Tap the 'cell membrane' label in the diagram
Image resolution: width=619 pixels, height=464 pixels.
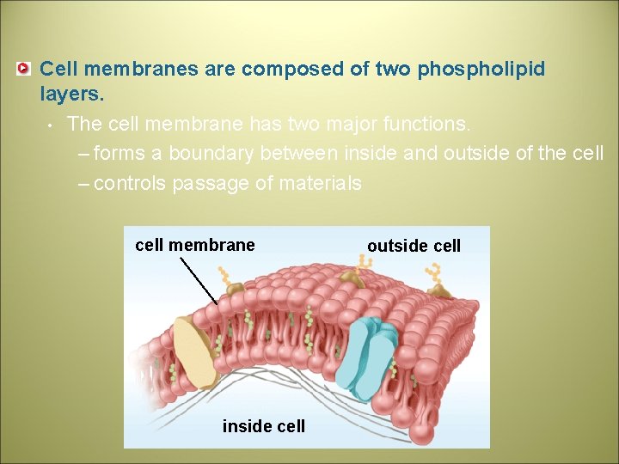[x=195, y=245]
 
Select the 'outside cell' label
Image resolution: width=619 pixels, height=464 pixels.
[x=414, y=246]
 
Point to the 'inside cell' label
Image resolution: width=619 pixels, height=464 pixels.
[x=263, y=426]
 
